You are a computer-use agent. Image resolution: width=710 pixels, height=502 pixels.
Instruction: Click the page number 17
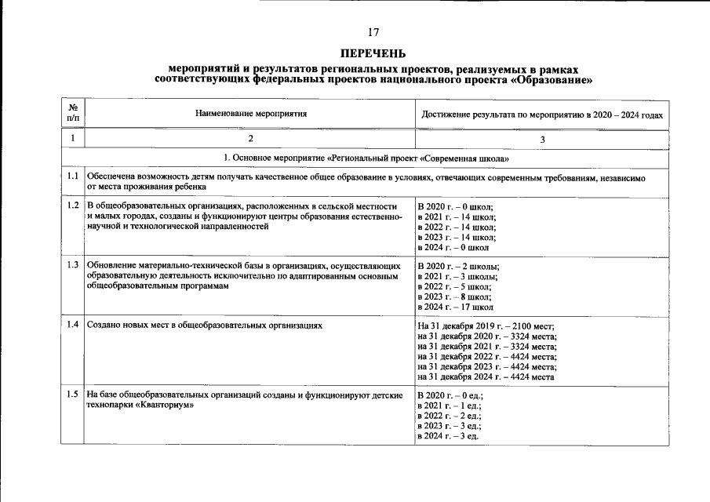point(373,32)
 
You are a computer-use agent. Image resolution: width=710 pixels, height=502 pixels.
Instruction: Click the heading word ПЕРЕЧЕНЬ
point(373,53)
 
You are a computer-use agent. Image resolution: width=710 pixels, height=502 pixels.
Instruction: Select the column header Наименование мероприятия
point(250,114)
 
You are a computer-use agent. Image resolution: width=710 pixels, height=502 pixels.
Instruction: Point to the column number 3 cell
point(542,139)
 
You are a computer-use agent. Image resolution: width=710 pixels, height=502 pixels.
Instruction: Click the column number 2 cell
point(250,139)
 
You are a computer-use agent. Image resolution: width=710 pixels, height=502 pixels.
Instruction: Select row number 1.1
point(73,176)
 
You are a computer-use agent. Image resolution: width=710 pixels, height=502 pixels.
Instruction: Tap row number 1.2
point(73,206)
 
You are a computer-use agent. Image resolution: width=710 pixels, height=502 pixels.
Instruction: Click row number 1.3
point(73,264)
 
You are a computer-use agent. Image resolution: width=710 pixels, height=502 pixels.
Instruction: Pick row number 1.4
point(73,324)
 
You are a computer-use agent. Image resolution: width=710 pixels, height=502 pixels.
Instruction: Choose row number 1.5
point(73,394)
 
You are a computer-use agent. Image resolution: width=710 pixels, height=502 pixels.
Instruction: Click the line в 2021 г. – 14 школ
point(457,216)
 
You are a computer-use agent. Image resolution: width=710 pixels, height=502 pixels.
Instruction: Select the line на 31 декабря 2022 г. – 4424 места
point(487,356)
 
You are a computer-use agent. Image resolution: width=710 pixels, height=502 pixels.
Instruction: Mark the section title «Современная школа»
point(463,158)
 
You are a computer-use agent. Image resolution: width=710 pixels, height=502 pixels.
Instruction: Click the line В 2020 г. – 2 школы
point(458,266)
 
